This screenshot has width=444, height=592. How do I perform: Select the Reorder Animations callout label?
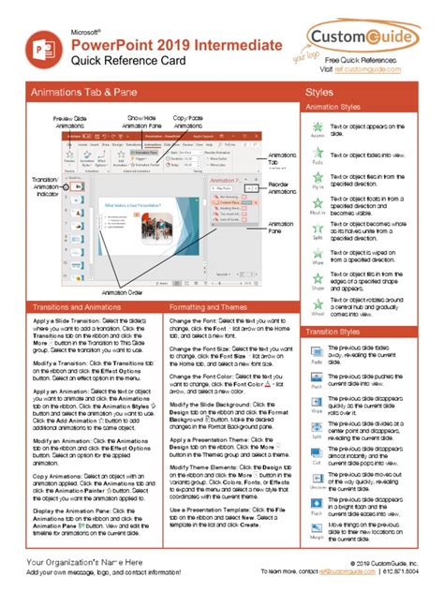click(x=282, y=192)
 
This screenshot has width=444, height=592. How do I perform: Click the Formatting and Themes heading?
click(x=207, y=306)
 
